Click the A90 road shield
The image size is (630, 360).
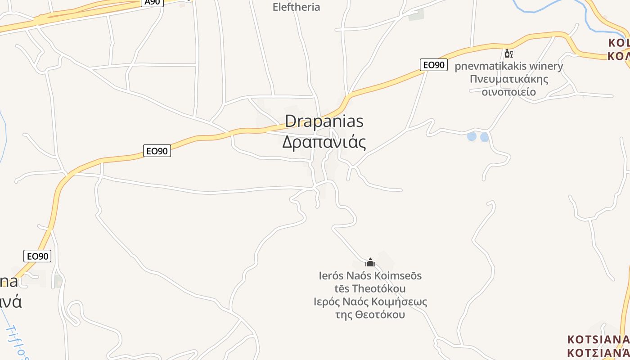153,2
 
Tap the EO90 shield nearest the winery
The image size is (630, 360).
434,65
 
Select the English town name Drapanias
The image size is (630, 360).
324,121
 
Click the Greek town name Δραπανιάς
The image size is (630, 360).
324,142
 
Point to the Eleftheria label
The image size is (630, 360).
296,7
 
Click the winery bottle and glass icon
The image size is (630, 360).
508,54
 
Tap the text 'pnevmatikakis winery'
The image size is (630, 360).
508,66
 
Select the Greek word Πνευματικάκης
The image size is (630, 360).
508,79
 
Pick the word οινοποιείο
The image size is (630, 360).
508,92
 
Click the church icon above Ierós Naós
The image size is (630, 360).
370,262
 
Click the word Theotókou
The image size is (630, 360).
379,288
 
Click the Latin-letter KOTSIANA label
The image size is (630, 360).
598,339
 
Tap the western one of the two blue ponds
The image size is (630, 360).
472,136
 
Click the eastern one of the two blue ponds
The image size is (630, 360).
484,137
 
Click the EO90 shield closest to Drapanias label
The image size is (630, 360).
157,151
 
